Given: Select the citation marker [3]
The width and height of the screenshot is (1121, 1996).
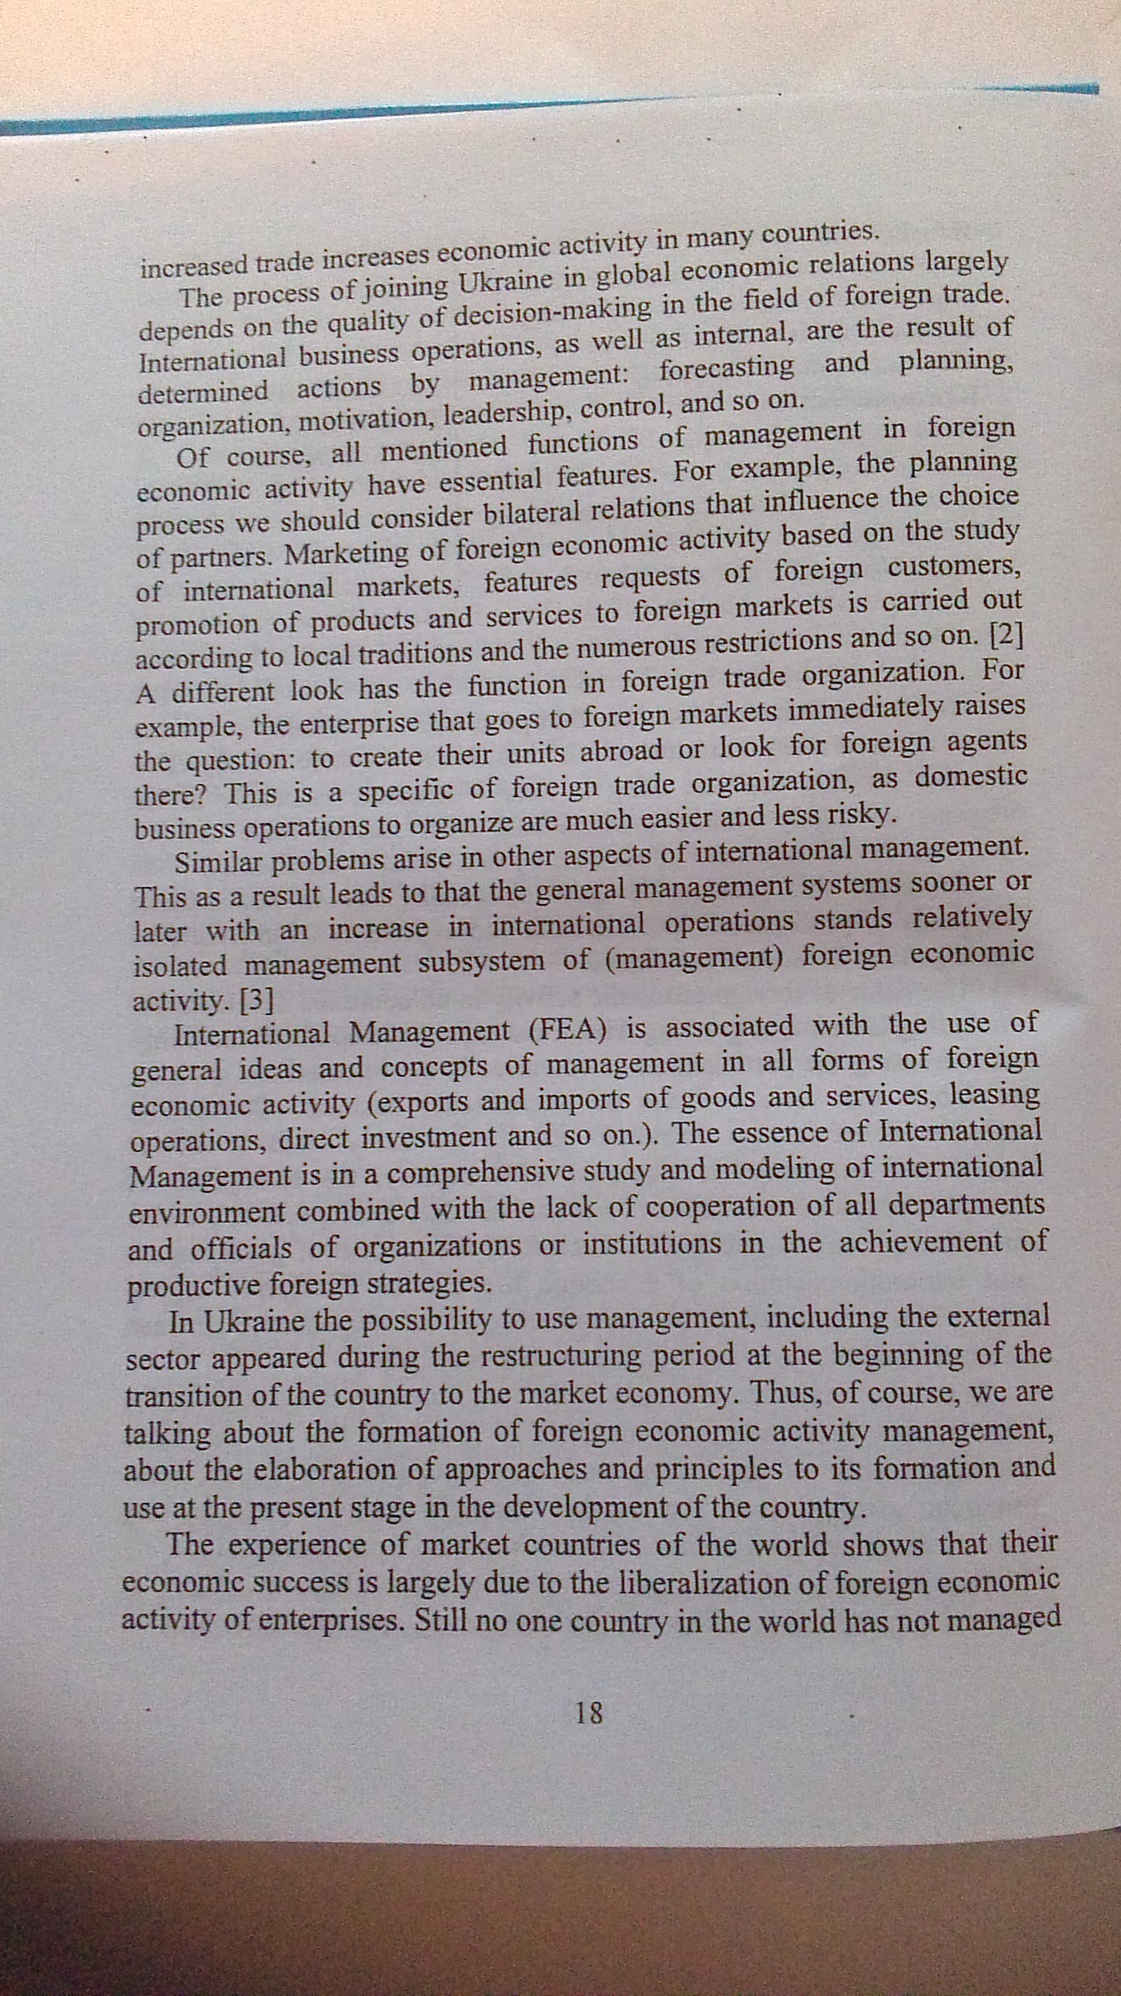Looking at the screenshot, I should (257, 1002).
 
